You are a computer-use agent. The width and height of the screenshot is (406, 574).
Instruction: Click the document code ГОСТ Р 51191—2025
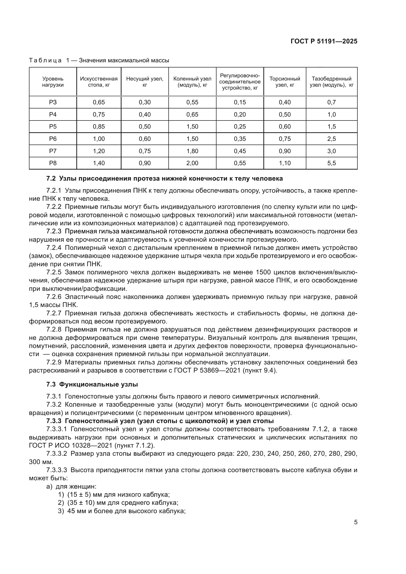click(324, 41)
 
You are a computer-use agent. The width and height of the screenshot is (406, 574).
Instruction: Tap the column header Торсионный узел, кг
click(284, 82)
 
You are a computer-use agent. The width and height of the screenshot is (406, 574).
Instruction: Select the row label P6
click(53, 139)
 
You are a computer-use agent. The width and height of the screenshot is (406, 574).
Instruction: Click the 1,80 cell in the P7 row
click(192, 151)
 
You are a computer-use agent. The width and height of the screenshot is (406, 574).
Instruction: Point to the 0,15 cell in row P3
click(240, 102)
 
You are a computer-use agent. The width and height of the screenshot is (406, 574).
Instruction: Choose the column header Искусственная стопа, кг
click(99, 82)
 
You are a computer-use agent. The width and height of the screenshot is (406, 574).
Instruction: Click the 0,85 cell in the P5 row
click(99, 126)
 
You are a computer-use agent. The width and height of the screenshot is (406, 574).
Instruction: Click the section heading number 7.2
click(51, 178)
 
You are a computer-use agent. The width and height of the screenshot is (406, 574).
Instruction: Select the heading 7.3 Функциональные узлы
click(92, 384)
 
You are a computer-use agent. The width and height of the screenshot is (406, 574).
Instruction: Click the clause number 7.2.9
click(54, 362)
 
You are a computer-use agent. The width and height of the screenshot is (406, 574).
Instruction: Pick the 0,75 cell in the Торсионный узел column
click(284, 139)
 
